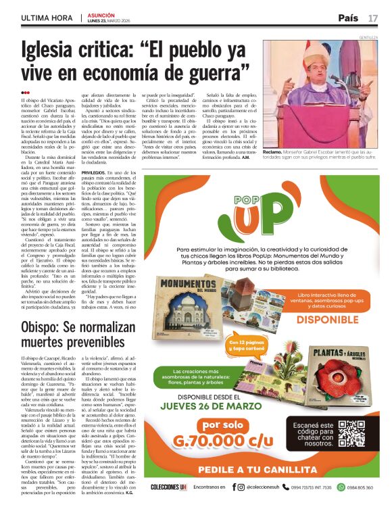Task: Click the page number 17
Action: pos(373,18)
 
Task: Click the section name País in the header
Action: pos(348,18)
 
